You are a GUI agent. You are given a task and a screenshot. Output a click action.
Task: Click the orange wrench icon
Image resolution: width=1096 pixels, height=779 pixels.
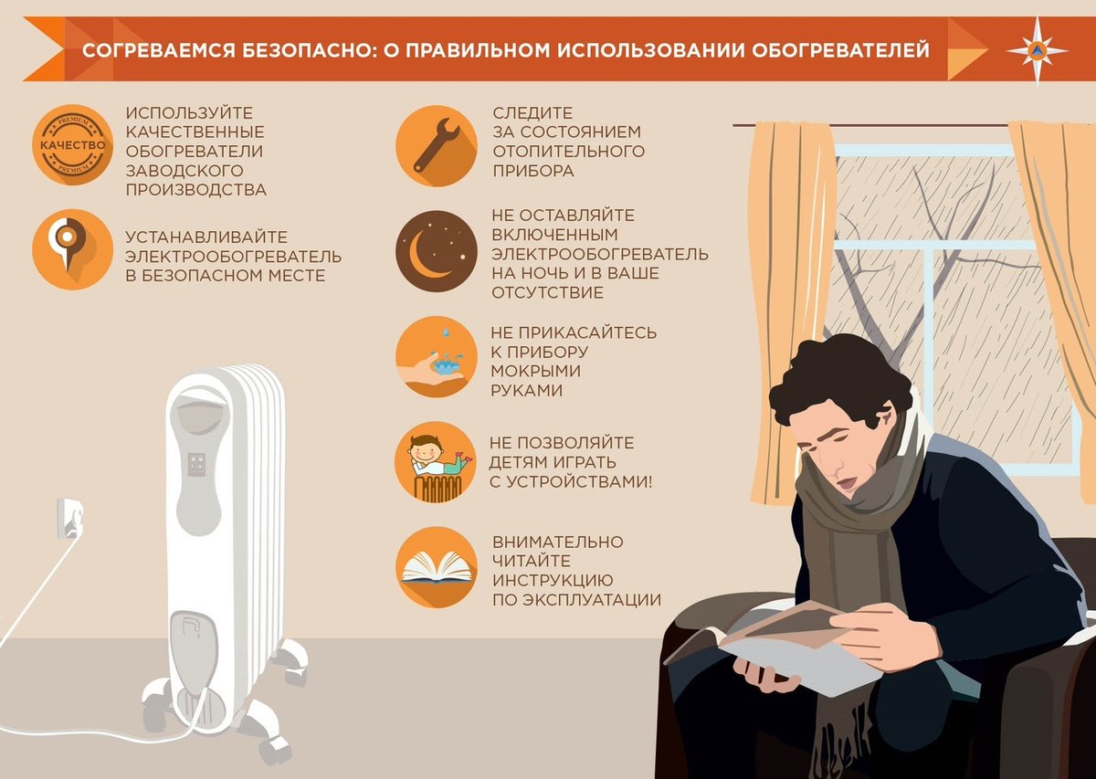pos(436,145)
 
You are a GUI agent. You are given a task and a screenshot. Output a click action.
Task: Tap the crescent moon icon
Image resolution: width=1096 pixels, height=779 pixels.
pos(436,251)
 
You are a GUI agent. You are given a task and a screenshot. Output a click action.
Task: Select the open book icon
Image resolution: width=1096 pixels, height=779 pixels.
pos(436,567)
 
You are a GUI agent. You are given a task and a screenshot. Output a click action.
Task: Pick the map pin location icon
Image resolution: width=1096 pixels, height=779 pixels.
pos(72,248)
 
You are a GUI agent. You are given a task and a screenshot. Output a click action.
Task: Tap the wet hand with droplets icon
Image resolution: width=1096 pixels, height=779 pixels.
pos(436,357)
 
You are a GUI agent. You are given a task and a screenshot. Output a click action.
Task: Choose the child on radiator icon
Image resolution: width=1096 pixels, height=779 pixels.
pos(436,462)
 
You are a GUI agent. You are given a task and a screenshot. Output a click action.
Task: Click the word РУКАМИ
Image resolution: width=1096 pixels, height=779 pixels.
pos(527,391)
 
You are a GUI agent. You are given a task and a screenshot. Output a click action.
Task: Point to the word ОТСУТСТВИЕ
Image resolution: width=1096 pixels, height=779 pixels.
pos(547,293)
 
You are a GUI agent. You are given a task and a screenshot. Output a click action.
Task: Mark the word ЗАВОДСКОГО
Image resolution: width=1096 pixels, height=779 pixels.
pos(184,171)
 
